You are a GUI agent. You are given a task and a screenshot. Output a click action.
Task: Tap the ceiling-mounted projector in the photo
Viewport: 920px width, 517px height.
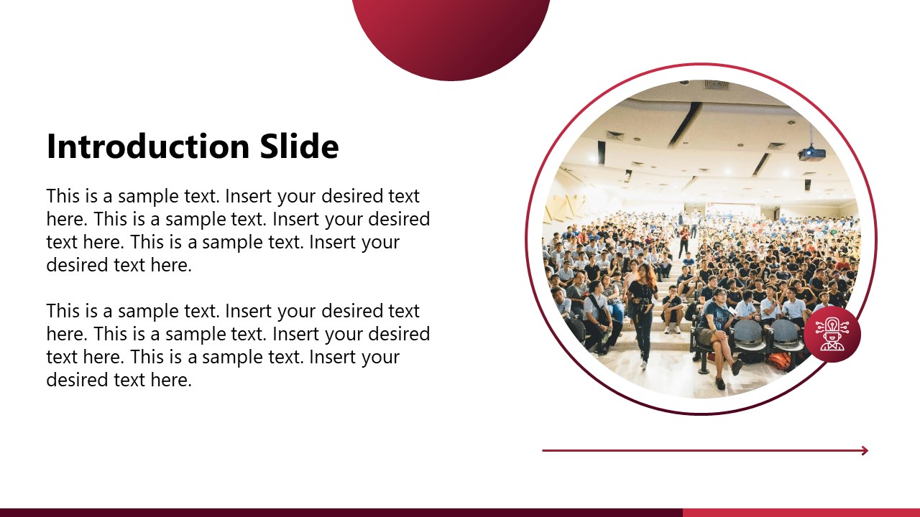[811, 153]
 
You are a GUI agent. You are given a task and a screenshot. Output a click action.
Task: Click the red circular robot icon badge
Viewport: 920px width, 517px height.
[832, 335]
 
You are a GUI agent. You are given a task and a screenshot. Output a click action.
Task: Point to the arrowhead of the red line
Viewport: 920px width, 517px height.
[865, 451]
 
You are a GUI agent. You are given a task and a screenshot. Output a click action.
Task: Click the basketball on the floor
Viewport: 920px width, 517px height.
[779, 360]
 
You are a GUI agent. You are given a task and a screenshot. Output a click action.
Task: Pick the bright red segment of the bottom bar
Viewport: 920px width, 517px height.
[801, 513]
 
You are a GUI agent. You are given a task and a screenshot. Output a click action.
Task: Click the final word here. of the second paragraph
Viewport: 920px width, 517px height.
[171, 380]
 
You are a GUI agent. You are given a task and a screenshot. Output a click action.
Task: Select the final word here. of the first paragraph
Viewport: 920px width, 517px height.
[171, 265]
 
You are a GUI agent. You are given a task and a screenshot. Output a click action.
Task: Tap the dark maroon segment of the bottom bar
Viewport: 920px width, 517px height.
[341, 513]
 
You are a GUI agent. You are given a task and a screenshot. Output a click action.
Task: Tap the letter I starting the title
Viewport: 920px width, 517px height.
[51, 146]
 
